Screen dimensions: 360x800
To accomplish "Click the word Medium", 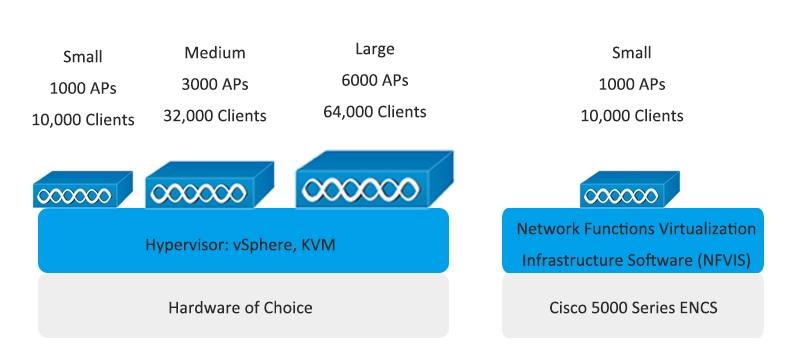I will pos(215,52).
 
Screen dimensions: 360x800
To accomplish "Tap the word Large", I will pos(375,48).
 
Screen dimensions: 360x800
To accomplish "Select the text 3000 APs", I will pos(215,84).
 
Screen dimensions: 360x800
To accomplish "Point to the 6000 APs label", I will pos(375,80).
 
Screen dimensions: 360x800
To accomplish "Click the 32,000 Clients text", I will pos(215,116).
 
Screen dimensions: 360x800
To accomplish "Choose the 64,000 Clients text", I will pos(375,111).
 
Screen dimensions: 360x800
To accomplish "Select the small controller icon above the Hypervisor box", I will pos(83,191).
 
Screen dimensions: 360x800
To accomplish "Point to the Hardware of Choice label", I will pos(240,307).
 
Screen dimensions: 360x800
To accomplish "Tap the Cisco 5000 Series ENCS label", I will pos(632,307).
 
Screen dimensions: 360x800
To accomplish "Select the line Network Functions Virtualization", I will pos(636,229).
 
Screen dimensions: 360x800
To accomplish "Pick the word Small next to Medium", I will pos(82,57).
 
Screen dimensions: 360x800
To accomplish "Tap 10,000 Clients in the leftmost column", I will pos(82,120).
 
